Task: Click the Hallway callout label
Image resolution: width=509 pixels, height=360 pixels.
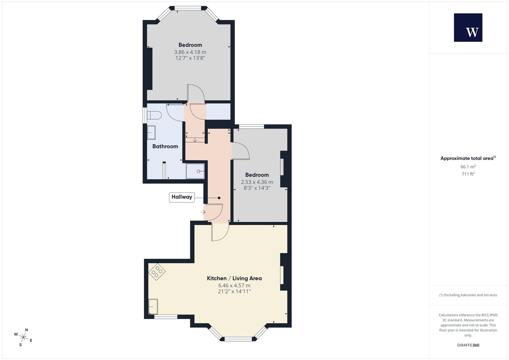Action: tap(182, 197)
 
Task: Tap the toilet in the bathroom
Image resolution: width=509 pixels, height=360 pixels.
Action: tap(154, 116)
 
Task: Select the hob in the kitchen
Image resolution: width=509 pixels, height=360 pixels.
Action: tap(157, 272)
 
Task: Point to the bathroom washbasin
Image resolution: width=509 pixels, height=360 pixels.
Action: tap(151, 132)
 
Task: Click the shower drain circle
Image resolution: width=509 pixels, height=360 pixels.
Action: tap(199, 171)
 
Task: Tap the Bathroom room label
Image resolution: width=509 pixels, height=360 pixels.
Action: tap(165, 146)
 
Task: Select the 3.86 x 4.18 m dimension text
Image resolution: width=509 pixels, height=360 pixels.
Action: tap(190, 52)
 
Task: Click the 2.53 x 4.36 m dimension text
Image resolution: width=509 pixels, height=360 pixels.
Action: tap(257, 182)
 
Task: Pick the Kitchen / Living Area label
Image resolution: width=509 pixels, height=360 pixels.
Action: tap(234, 279)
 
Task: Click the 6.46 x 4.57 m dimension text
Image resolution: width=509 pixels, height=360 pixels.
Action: tap(234, 285)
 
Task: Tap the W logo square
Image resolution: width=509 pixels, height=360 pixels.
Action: tap(468, 28)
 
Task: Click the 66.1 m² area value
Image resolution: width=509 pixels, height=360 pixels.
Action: tap(468, 167)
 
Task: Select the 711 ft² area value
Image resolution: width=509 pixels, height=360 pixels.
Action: tap(468, 174)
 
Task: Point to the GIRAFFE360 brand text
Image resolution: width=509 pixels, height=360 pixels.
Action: tap(468, 345)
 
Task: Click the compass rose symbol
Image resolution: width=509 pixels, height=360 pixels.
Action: tap(23, 337)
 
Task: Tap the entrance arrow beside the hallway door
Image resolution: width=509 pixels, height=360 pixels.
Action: tap(203, 212)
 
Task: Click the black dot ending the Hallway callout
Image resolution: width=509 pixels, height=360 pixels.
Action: tap(219, 198)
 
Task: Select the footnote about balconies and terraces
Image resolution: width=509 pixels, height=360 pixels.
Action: tap(468, 295)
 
